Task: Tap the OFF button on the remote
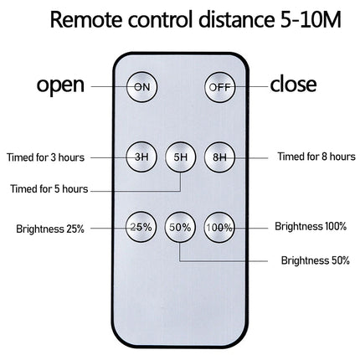point(220,87)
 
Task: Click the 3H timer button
point(141,157)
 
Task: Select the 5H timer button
point(181,157)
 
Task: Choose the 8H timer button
point(220,157)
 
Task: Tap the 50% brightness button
point(180,227)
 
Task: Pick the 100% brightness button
point(219,227)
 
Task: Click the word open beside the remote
point(60,85)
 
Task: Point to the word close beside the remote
point(293,84)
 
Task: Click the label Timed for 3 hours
point(46,157)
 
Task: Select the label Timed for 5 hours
point(49,189)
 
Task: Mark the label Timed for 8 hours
point(316,157)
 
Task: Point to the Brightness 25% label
point(50,229)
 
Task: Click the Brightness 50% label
point(316,260)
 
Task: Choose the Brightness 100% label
point(311,226)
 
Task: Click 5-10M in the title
point(311,19)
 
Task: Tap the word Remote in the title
point(86,19)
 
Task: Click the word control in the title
point(161,19)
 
